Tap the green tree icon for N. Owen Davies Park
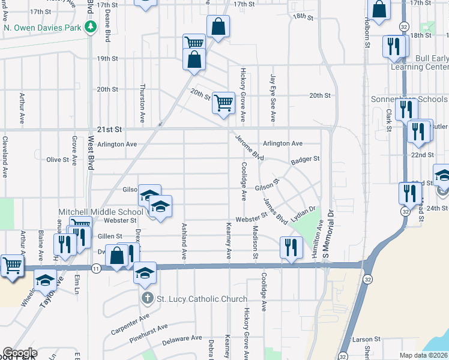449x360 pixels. pyautogui.click(x=90, y=27)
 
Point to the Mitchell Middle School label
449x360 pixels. pyautogui.click(x=101, y=212)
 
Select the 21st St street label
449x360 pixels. pyautogui.click(x=109, y=129)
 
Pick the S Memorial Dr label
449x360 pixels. pyautogui.click(x=330, y=231)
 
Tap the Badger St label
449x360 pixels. pyautogui.click(x=305, y=160)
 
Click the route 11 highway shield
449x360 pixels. pyautogui.click(x=96, y=268)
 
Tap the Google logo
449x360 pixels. pyautogui.click(x=19, y=353)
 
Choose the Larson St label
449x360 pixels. pyautogui.click(x=367, y=340)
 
